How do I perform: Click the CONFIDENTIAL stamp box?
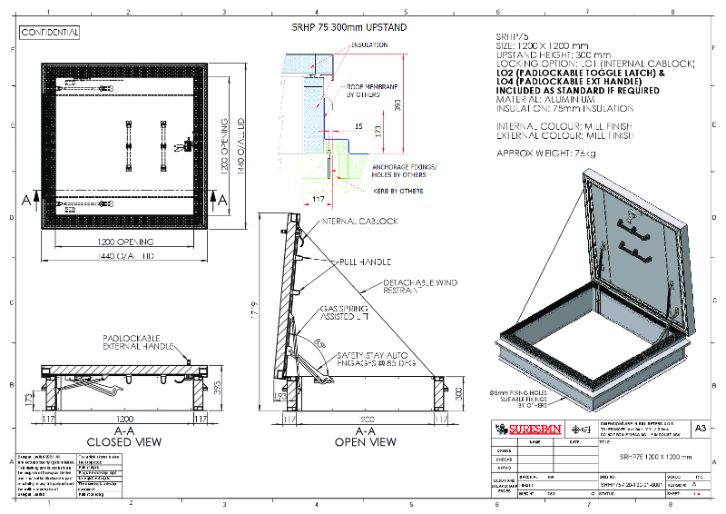(50, 33)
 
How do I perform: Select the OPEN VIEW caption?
(367, 442)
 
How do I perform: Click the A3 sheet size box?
(699, 428)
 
